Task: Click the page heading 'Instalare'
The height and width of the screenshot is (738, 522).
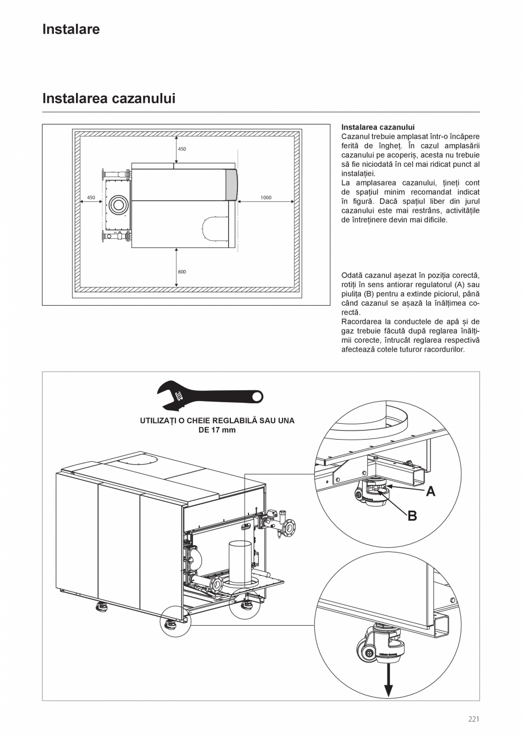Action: pyautogui.click(x=71, y=29)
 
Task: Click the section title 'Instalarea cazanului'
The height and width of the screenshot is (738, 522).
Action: pyautogui.click(x=109, y=99)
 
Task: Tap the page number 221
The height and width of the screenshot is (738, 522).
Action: pyautogui.click(x=474, y=719)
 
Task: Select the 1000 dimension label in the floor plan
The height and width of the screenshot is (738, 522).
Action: pyautogui.click(x=266, y=197)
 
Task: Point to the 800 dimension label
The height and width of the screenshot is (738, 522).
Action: pyautogui.click(x=182, y=272)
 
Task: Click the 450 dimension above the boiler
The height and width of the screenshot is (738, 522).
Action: pyautogui.click(x=182, y=149)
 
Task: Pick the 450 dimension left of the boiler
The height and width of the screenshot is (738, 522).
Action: pyautogui.click(x=91, y=197)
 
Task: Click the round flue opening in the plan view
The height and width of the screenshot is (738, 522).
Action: pyautogui.click(x=119, y=205)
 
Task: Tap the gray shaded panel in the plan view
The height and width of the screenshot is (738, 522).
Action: pyautogui.click(x=231, y=184)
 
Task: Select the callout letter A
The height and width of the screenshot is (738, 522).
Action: pyautogui.click(x=431, y=492)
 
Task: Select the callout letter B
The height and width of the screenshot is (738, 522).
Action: pyautogui.click(x=412, y=516)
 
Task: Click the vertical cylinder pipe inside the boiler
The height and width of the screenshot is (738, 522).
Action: pyautogui.click(x=239, y=562)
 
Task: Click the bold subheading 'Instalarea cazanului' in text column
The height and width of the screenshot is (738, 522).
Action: pyautogui.click(x=378, y=127)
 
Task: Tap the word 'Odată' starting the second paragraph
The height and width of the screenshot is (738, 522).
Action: pyautogui.click(x=352, y=275)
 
